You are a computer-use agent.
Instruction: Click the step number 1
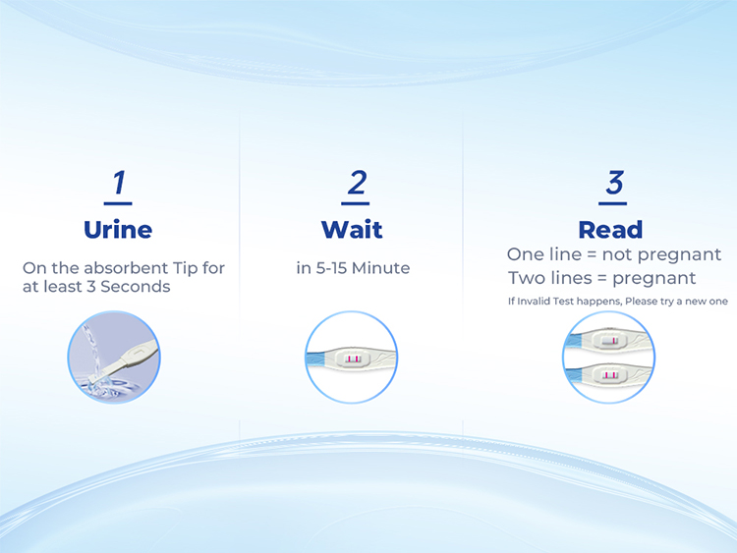(x=119, y=183)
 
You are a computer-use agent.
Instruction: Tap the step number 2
(x=357, y=183)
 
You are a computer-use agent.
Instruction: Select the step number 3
(x=614, y=183)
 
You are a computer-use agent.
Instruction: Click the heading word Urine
(x=118, y=230)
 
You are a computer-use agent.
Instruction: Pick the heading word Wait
(x=352, y=230)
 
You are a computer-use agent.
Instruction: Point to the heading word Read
(x=610, y=230)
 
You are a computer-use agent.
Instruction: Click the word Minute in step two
(x=380, y=268)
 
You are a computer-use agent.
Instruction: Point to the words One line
(x=544, y=254)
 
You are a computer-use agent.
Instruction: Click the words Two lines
(x=550, y=278)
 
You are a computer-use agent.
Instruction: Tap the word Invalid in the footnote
(x=534, y=302)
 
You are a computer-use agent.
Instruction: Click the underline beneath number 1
(x=118, y=203)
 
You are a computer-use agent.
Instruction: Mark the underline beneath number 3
(x=612, y=203)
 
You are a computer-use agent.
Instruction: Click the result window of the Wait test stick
(x=353, y=359)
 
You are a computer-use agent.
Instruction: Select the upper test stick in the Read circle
(x=609, y=340)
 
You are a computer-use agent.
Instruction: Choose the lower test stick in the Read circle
(x=609, y=375)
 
